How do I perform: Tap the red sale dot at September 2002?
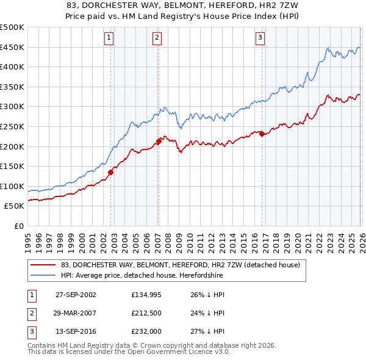[111, 172]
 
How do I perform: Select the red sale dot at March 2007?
[159, 141]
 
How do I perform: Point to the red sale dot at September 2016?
[262, 134]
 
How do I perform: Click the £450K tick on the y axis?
[12, 47]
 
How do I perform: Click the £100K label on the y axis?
[12, 186]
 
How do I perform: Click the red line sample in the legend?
[43, 265]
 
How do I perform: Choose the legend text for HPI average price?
[142, 276]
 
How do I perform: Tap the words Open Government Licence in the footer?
[185, 352]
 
